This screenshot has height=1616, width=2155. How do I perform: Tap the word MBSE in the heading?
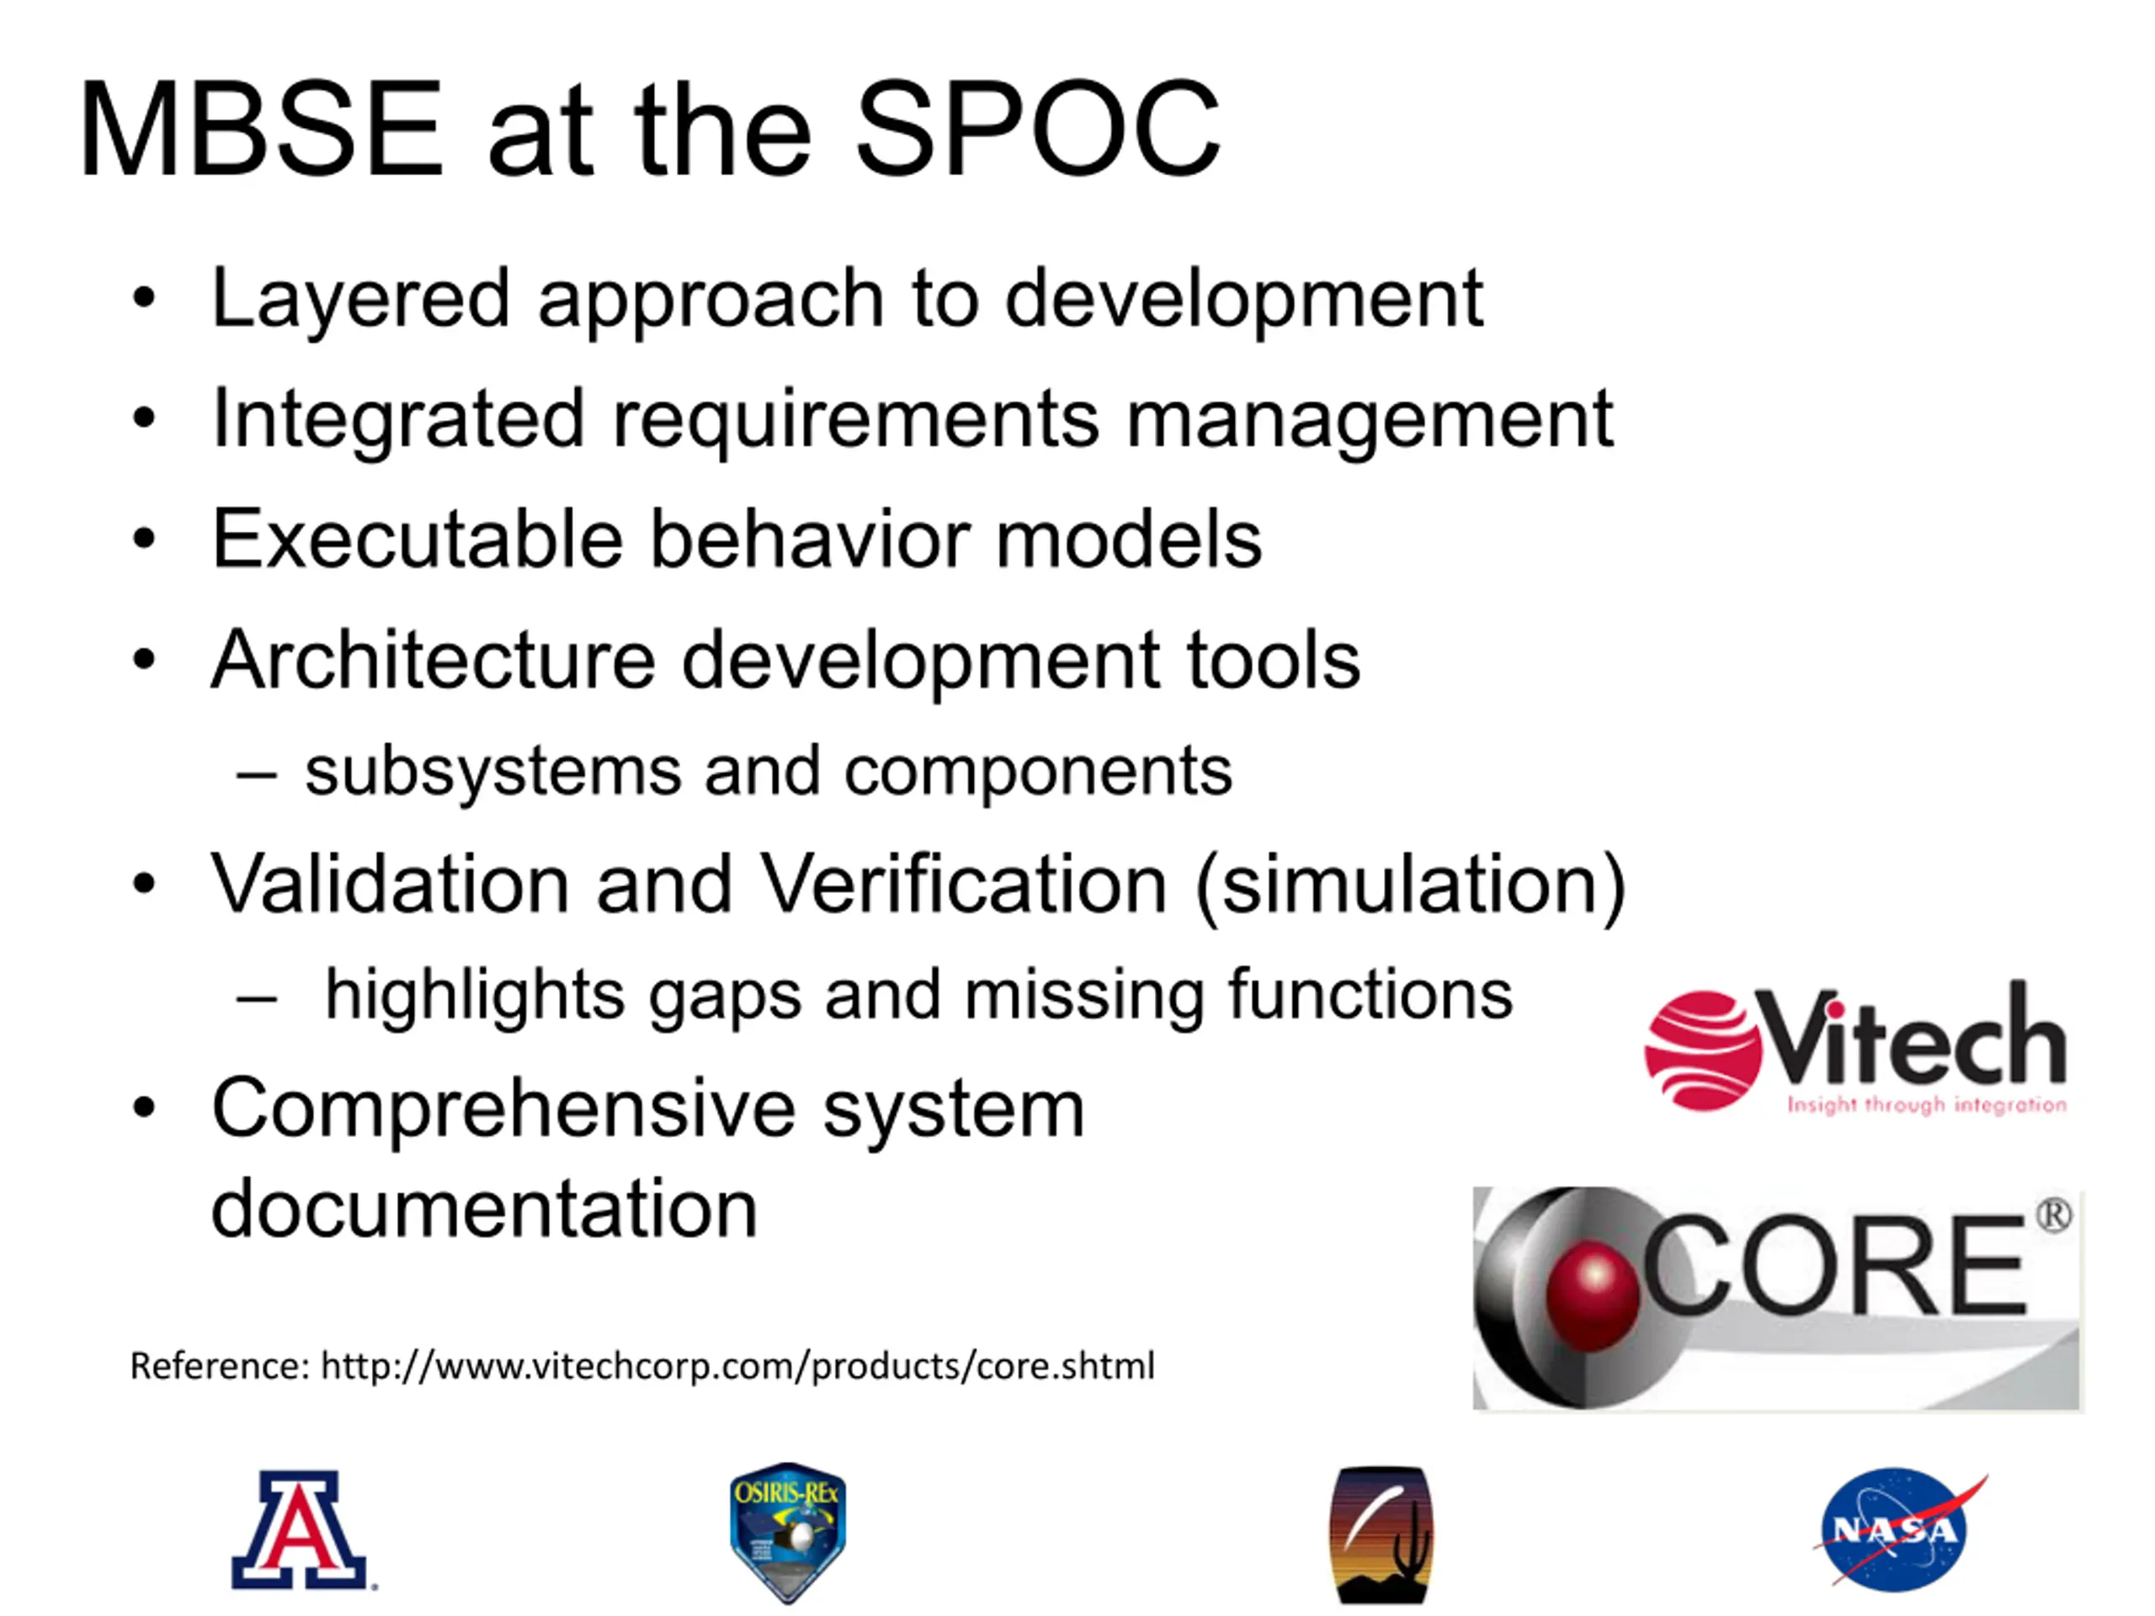tap(261, 129)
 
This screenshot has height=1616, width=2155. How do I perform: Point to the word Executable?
tap(417, 539)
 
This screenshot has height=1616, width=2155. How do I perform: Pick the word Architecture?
tap(434, 660)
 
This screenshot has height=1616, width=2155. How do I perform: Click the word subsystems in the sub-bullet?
tap(493, 773)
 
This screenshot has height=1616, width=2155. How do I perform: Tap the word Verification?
tap(962, 884)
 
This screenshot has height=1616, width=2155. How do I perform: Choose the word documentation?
tap(484, 1208)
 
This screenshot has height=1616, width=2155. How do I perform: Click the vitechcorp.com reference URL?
tap(737, 1367)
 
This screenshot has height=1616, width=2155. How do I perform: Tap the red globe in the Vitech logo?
tap(1703, 1050)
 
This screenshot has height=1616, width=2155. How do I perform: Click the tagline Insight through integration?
tap(1926, 1104)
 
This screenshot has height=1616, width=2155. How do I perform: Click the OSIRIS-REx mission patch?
tap(788, 1532)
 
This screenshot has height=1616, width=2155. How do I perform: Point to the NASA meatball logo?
tap(1897, 1530)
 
